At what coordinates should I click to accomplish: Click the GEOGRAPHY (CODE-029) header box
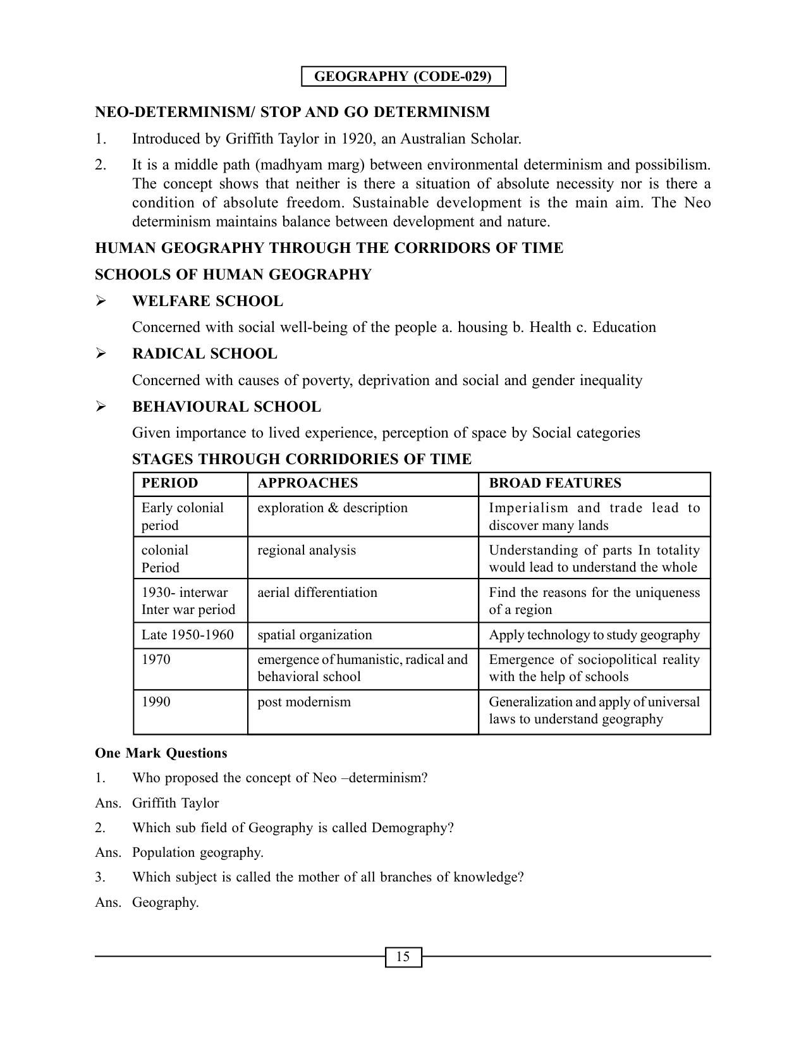pyautogui.click(x=403, y=77)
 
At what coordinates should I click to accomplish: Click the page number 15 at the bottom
pyautogui.click(x=403, y=957)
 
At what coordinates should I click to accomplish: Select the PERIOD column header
pyautogui.click(x=169, y=483)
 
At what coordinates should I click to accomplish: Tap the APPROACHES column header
pyautogui.click(x=307, y=483)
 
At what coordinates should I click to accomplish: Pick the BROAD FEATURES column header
pyautogui.click(x=554, y=483)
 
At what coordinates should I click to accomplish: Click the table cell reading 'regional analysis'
pyautogui.click(x=306, y=550)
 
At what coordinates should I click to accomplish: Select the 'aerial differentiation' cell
pyautogui.click(x=317, y=593)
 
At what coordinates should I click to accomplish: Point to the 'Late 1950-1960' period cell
pyautogui.click(x=187, y=635)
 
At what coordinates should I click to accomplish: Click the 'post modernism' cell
pyautogui.click(x=303, y=702)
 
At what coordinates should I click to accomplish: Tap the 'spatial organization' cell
pyautogui.click(x=314, y=635)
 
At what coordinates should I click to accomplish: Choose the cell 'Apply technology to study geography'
pyautogui.click(x=594, y=635)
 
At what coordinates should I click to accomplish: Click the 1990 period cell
pyautogui.click(x=156, y=702)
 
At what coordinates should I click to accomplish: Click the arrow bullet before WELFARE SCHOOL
pyautogui.click(x=101, y=302)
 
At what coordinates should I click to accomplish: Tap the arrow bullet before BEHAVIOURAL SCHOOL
pyautogui.click(x=101, y=407)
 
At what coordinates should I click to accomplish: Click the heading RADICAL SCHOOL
pyautogui.click(x=204, y=354)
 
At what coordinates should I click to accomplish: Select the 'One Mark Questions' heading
pyautogui.click(x=161, y=753)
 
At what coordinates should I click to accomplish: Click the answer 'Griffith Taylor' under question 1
pyautogui.click(x=175, y=803)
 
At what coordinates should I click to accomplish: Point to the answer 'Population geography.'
pyautogui.click(x=197, y=852)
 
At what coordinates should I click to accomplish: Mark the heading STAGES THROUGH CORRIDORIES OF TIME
pyautogui.click(x=302, y=459)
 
